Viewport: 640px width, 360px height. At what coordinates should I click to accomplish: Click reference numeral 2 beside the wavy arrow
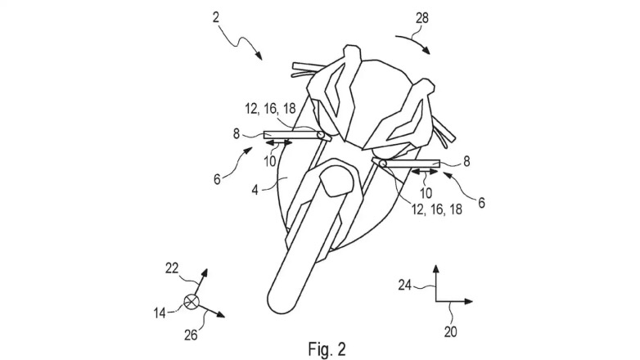click(x=215, y=16)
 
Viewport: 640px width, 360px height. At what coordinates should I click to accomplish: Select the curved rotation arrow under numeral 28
click(x=414, y=40)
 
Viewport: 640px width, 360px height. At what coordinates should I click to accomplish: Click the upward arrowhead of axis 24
click(x=435, y=268)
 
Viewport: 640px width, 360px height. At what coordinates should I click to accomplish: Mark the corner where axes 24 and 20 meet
click(x=435, y=301)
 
